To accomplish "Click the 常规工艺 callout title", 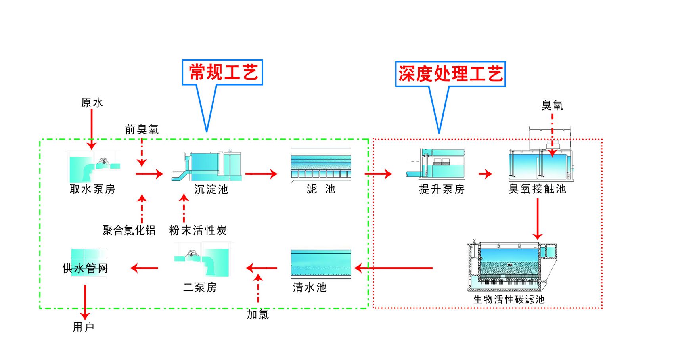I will tap(223, 72).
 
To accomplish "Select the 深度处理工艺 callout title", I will tap(450, 74).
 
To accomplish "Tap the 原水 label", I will tap(92, 103).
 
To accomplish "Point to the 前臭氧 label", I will tap(142, 130).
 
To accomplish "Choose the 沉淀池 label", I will tap(211, 190).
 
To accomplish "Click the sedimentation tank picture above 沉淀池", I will tap(207, 166).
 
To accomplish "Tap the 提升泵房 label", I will tap(442, 190).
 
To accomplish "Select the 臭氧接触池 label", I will tap(537, 189).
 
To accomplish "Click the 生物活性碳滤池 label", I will tap(509, 299).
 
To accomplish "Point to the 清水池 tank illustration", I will tap(321, 264).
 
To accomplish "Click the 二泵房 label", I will tap(200, 287).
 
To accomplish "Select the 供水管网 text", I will tap(85, 268).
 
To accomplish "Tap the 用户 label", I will tap(84, 327).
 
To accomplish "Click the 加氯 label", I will tap(258, 314).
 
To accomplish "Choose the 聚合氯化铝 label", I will tap(129, 230).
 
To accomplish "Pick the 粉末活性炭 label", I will tap(198, 230).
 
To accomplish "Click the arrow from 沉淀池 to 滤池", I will tap(261, 174).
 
